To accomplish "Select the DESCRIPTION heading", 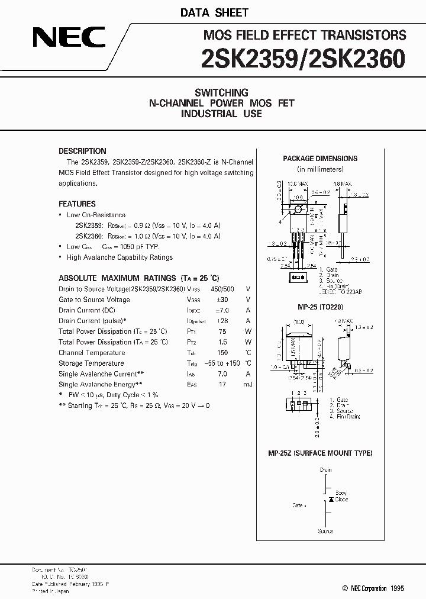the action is [82, 151].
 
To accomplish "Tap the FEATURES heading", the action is [77, 204].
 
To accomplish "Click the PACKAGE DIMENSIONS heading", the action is [320, 159].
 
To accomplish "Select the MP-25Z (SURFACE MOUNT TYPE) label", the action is [320, 453].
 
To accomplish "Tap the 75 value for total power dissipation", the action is [222, 331].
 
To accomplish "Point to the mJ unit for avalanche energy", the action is [248, 385].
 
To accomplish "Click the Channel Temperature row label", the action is [91, 353].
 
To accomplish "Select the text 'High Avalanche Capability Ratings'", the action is [120, 257].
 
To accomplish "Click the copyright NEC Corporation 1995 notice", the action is [373, 588].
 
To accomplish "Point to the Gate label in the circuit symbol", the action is [298, 505].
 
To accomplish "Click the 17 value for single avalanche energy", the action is [222, 385].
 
